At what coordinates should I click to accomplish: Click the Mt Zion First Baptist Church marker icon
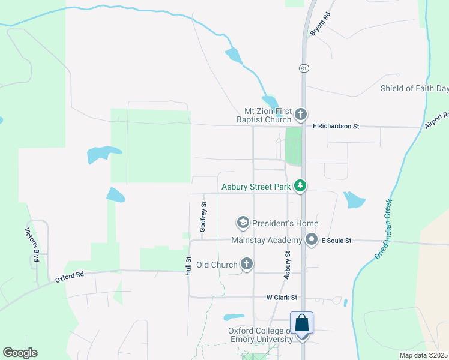[x=301, y=114]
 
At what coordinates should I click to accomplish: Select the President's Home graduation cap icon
[x=243, y=223]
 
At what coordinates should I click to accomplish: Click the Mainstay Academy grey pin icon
[x=312, y=241]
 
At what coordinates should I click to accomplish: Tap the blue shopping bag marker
[x=302, y=323]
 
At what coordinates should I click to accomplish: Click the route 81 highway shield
[x=304, y=68]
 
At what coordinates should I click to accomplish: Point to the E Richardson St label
[x=336, y=127]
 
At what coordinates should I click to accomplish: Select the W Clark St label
[x=282, y=298]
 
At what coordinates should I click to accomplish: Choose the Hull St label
[x=188, y=266]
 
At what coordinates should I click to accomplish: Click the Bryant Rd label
[x=320, y=25]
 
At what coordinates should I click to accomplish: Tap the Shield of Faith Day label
[x=414, y=89]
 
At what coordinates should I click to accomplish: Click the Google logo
[x=20, y=353]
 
